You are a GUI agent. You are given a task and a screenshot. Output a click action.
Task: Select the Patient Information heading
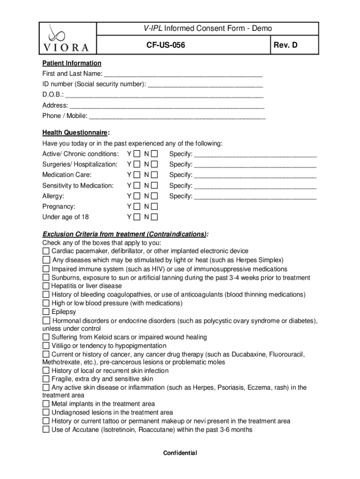pyautogui.click(x=72, y=63)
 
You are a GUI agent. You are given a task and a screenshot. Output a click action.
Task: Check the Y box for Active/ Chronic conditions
pyautogui.click(x=136, y=154)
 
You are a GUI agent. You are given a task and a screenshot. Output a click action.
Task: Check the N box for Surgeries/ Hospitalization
pyautogui.click(x=154, y=165)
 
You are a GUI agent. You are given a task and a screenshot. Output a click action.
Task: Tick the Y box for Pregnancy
pyautogui.click(x=136, y=206)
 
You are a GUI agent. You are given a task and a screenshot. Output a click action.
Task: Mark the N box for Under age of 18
pyautogui.click(x=154, y=217)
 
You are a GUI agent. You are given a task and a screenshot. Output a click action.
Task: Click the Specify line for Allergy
pyautogui.click(x=255, y=197)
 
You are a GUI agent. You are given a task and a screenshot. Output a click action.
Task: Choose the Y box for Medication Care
pyautogui.click(x=136, y=175)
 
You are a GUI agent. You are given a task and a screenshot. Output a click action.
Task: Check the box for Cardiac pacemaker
pyautogui.click(x=46, y=252)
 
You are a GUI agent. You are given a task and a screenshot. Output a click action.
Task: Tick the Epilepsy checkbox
pyautogui.click(x=46, y=312)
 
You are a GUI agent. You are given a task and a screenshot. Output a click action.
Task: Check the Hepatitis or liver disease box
pyautogui.click(x=46, y=286)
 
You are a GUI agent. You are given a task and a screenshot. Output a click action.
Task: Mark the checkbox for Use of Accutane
pyautogui.click(x=46, y=429)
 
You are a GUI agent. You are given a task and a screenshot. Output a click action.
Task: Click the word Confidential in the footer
pyautogui.click(x=180, y=453)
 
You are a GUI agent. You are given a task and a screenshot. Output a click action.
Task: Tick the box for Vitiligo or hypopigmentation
pyautogui.click(x=46, y=346)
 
